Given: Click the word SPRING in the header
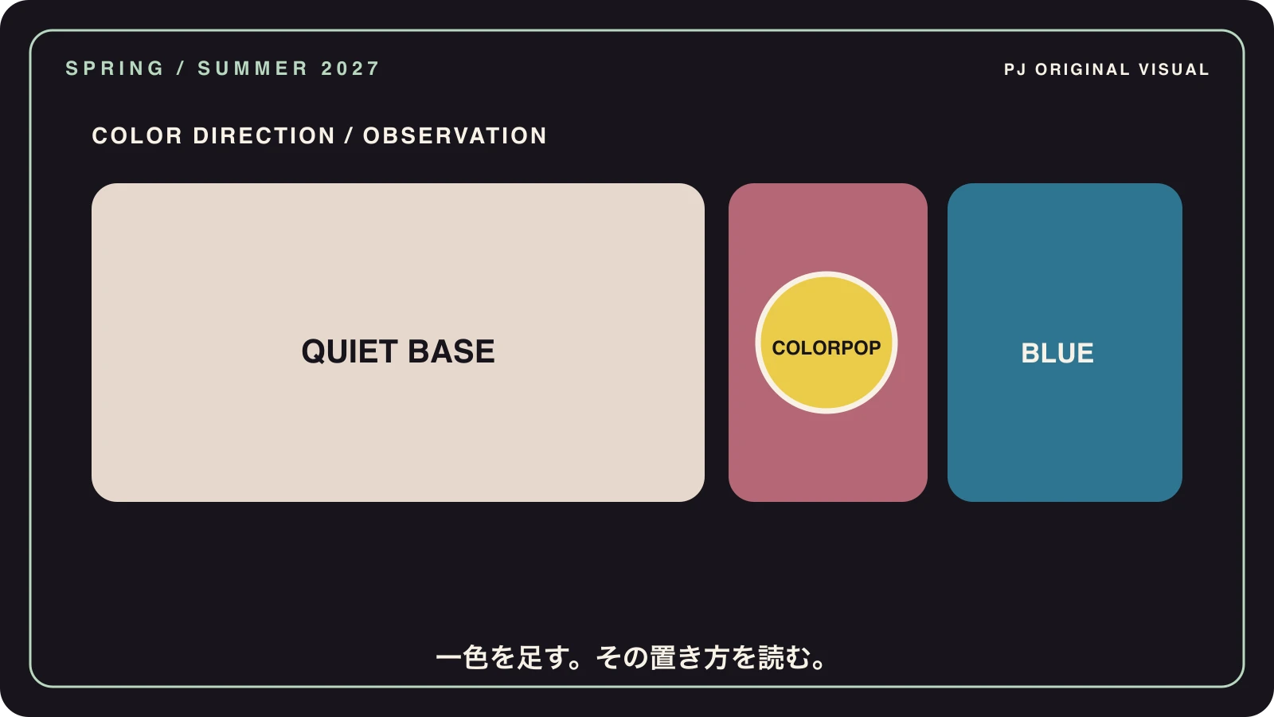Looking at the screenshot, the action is pos(115,69).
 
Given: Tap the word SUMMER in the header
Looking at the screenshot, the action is pos(253,69).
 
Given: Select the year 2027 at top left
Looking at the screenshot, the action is pos(350,69).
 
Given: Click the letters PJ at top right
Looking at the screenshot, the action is pos(1014,69).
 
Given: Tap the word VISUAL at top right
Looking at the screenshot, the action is pos(1174,69).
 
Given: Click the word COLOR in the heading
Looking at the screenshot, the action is pos(137,135).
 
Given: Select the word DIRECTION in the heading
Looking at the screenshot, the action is pos(264,135).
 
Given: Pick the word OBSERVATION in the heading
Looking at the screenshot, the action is pos(455,135).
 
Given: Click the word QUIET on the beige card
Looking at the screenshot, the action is pos(350,351).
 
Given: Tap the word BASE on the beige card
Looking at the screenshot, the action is pos(451,351).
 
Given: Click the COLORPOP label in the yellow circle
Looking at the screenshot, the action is pos(827,347).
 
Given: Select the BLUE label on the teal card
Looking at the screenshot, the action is pos(1057,353).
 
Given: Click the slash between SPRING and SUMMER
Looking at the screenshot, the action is pos(181,69).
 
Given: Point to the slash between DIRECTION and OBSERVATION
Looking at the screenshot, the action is pos(350,135).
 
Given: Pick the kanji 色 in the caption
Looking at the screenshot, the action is pos(475,657).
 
